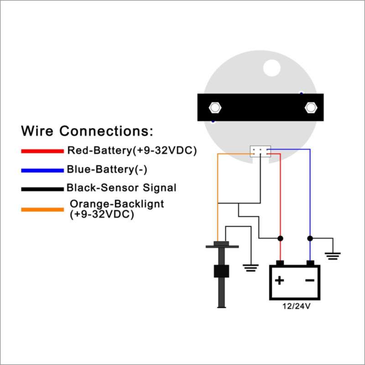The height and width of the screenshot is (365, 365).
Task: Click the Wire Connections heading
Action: click(87, 131)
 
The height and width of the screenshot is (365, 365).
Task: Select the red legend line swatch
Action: click(42, 151)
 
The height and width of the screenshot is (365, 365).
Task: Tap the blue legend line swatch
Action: click(42, 171)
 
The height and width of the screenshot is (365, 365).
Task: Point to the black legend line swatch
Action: click(42, 189)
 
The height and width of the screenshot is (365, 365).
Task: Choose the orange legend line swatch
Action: click(42, 210)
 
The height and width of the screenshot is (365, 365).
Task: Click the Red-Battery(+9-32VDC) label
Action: click(132, 151)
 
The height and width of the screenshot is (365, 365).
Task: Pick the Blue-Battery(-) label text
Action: click(107, 169)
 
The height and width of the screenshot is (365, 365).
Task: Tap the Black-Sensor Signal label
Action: click(121, 188)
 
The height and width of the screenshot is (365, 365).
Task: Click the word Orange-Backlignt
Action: click(117, 204)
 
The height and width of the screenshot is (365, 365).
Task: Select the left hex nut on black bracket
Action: click(215, 108)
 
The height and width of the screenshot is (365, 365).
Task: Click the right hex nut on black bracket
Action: click(311, 108)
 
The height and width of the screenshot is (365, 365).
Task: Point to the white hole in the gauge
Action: click(271, 68)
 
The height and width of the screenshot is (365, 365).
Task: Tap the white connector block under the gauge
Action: click(260, 151)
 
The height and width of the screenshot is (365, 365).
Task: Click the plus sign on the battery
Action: click(279, 280)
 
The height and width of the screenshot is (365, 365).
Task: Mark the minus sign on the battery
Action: click(310, 280)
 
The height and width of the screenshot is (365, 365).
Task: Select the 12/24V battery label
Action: click(296, 306)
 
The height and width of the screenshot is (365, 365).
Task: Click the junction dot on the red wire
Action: click(280, 238)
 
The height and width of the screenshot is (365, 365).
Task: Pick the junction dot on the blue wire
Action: click(310, 238)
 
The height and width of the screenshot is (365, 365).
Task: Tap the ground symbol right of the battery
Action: click(333, 256)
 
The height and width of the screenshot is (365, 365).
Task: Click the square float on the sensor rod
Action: click(221, 271)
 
